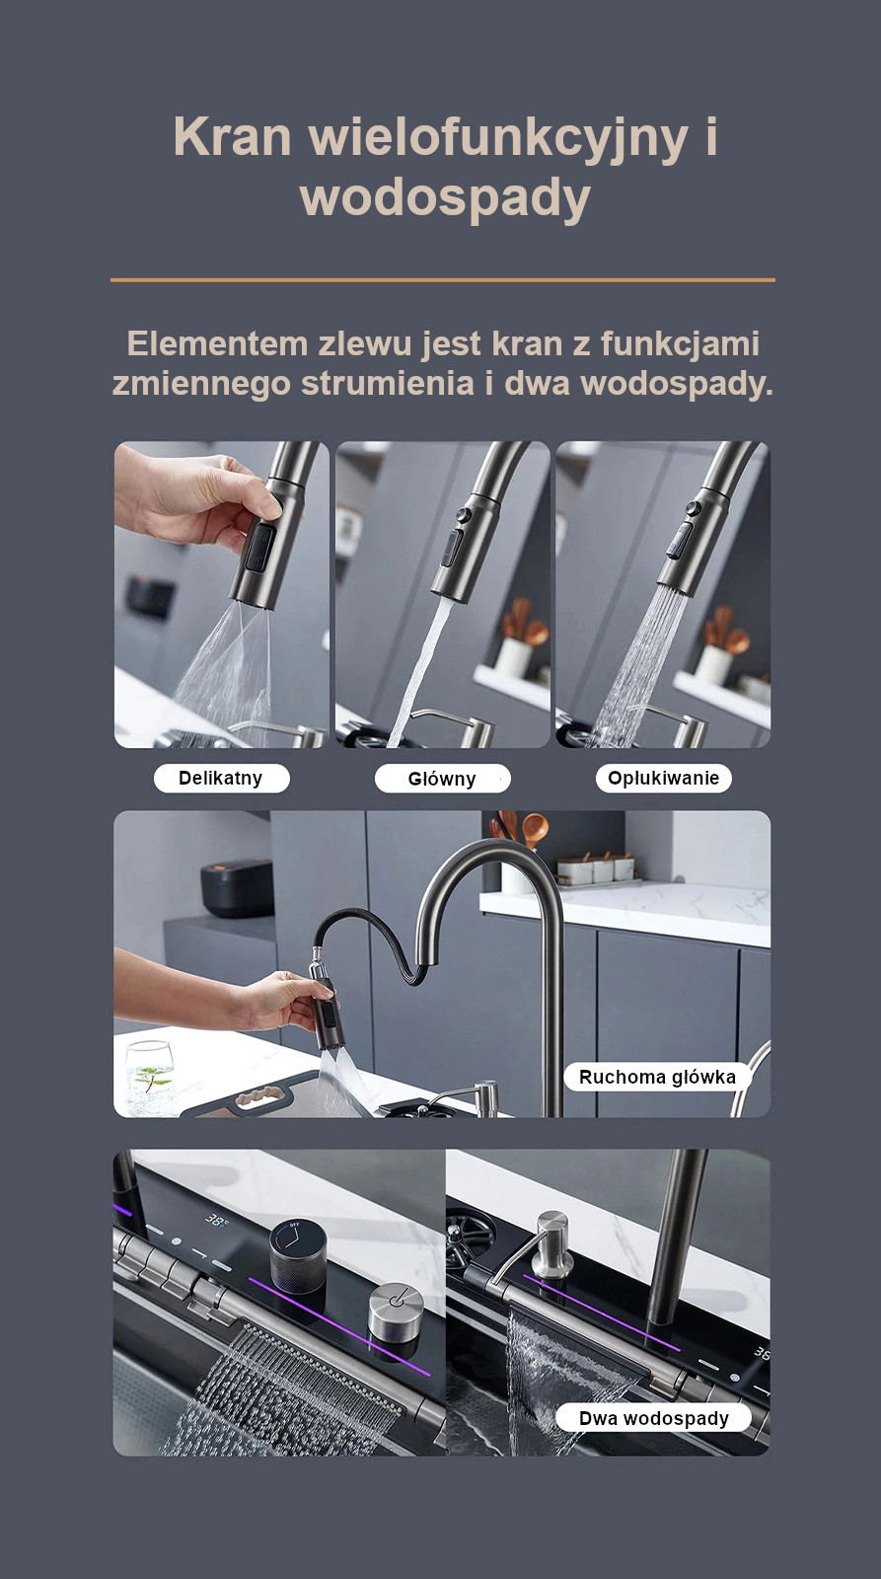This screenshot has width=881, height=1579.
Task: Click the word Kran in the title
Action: (232, 137)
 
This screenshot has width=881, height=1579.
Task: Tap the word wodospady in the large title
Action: (445, 198)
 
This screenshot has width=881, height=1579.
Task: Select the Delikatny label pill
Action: (221, 779)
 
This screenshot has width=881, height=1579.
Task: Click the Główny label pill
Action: (442, 779)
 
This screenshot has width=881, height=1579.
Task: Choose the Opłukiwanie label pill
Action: (663, 779)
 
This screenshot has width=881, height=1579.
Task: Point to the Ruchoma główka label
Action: (657, 1077)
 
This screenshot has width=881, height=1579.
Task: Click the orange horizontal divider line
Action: (443, 280)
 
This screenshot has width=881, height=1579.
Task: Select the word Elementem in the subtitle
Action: (218, 344)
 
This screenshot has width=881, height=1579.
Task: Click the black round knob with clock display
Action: (297, 1257)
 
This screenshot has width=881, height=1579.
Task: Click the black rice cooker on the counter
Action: (236, 886)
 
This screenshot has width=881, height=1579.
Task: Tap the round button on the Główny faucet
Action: (463, 514)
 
